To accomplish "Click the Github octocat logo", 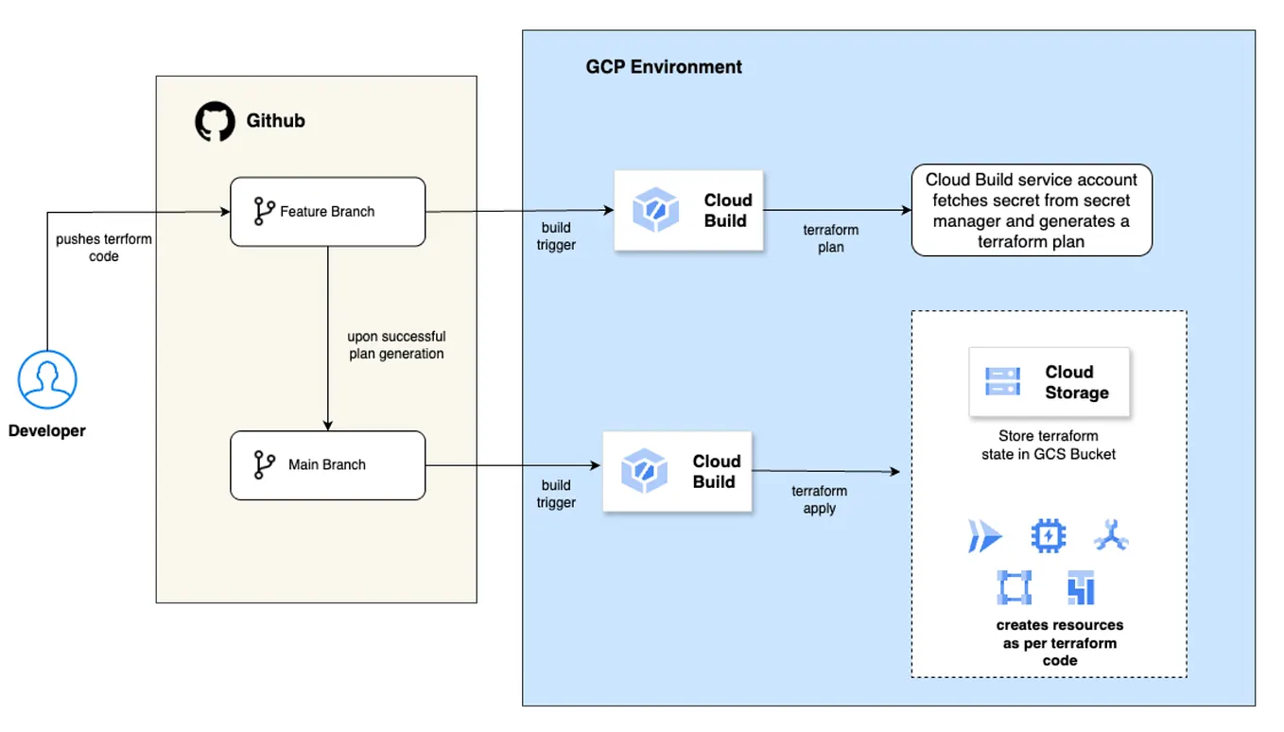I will [x=215, y=122].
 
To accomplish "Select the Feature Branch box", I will [x=327, y=212].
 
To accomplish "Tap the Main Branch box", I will [x=327, y=465].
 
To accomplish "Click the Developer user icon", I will [x=47, y=380].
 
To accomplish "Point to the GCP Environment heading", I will [x=664, y=67].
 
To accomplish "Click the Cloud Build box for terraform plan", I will [x=688, y=211].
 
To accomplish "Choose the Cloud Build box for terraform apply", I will [x=677, y=472].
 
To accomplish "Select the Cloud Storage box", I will [x=1049, y=382].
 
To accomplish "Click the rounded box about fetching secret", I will [x=1032, y=210].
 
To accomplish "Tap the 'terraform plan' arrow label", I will [x=830, y=238].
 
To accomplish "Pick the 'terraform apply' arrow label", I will [x=819, y=499].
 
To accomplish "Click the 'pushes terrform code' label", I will [x=104, y=248].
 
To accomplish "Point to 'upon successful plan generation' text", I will [x=396, y=345].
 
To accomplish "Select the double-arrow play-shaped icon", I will [x=984, y=536].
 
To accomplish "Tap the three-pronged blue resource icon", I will [x=1111, y=536].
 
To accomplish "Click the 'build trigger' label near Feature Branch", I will [x=556, y=236].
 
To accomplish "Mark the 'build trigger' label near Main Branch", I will [x=556, y=495].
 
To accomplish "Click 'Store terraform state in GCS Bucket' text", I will [x=1049, y=445].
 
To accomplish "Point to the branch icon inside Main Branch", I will [x=265, y=465].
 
